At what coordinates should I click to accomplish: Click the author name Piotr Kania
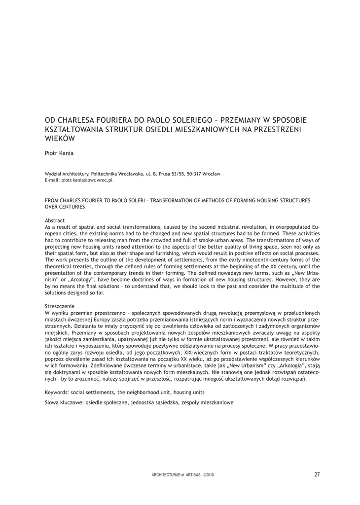pyautogui.click(x=59, y=153)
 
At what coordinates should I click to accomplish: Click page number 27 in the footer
pyautogui.click(x=317, y=474)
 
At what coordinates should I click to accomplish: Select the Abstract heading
pyautogui.click(x=55, y=220)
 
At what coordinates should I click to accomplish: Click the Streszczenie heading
pyautogui.click(x=59, y=306)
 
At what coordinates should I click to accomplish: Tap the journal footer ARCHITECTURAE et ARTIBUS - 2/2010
pyautogui.click(x=182, y=475)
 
